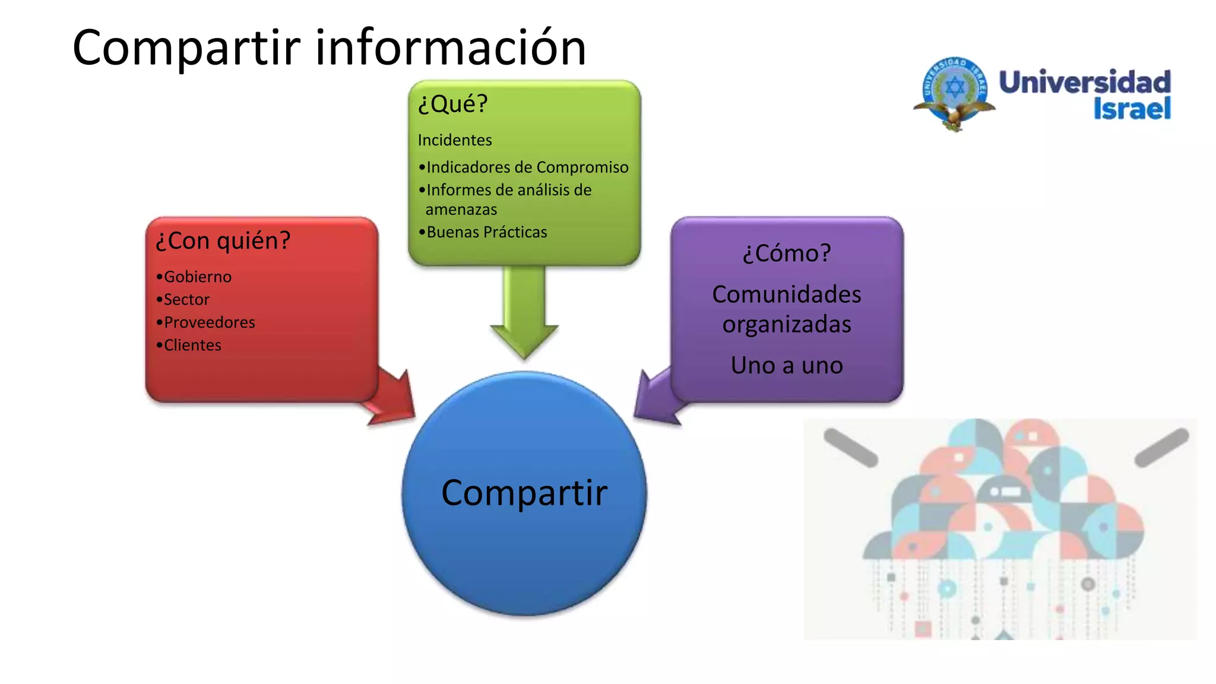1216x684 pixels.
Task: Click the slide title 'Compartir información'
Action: pyautogui.click(x=329, y=47)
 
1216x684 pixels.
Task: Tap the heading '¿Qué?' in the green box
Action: pyautogui.click(x=452, y=104)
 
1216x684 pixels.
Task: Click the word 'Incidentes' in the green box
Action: pyautogui.click(x=455, y=140)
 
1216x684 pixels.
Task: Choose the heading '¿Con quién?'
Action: pyautogui.click(x=223, y=241)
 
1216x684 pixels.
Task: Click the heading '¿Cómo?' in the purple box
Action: pyautogui.click(x=787, y=254)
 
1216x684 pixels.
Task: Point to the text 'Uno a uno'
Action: pyautogui.click(x=787, y=365)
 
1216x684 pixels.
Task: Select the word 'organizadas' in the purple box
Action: pyautogui.click(x=787, y=325)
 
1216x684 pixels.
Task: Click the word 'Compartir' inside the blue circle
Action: pyautogui.click(x=524, y=493)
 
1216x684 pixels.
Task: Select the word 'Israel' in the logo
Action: pyautogui.click(x=1132, y=109)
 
